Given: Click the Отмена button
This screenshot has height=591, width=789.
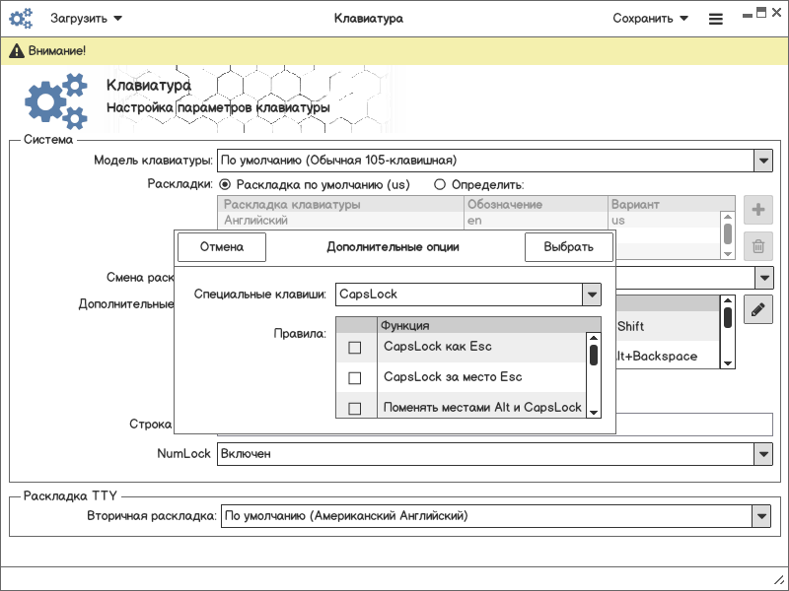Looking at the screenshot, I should point(222,247).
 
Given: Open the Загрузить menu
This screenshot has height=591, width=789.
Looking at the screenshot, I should point(87,18).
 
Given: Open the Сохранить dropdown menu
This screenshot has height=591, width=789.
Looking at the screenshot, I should point(650,18).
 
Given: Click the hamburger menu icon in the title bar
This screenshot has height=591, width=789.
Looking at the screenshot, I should point(716,19).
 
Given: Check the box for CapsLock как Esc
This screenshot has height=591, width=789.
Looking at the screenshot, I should point(355,348).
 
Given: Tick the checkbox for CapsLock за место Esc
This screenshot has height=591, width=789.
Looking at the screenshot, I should point(355,378).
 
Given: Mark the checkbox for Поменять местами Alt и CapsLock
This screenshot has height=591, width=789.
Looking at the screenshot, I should point(355,408).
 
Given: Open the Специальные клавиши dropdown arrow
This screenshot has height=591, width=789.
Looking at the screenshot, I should point(592,295).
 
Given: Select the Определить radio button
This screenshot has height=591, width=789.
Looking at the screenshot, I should point(441,184).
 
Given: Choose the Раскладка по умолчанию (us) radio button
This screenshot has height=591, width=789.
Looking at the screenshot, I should point(225,184).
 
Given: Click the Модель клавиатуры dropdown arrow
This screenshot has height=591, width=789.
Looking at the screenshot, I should point(762,161).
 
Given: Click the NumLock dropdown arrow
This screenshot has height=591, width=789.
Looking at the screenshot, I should point(762,454).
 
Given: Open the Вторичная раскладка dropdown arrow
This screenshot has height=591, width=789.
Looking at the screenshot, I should point(760,516).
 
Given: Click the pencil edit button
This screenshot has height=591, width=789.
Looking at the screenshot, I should point(757,309).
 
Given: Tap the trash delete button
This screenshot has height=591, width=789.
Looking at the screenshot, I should point(757,247).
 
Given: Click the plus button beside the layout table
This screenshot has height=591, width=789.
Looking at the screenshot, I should point(757,210).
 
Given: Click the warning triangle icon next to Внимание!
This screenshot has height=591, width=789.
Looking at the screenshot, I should point(16,50).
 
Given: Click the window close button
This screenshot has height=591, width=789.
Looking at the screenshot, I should point(776,13).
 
